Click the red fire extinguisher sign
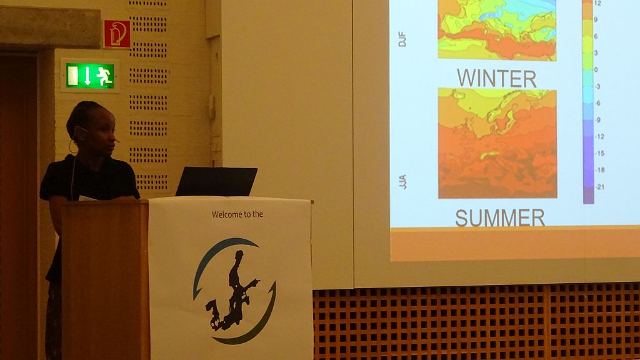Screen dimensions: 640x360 [x=117, y=34]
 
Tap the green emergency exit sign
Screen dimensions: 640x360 [x=90, y=76]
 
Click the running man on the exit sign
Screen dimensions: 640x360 [x=104, y=76]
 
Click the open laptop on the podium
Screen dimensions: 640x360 [x=216, y=181]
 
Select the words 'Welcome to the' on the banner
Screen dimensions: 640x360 [x=237, y=214]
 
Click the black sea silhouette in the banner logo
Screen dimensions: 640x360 [x=232, y=292]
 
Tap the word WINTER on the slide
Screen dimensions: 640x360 [x=497, y=78]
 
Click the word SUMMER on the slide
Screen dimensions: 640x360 [x=500, y=218]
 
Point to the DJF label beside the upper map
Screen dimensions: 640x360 [x=402, y=39]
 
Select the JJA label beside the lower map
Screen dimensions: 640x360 [x=402, y=182]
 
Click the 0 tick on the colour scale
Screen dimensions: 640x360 [x=596, y=70]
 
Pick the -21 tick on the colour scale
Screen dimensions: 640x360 [x=600, y=187]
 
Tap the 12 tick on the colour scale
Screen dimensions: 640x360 [x=597, y=3]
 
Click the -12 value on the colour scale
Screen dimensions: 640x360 [x=599, y=137]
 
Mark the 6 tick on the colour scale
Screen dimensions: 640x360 [x=596, y=36]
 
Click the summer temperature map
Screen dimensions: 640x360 [x=497, y=144]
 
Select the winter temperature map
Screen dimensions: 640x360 [x=497, y=30]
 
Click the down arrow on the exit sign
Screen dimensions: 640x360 [x=87, y=76]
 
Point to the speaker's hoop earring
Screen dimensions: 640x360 [x=72, y=147]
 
